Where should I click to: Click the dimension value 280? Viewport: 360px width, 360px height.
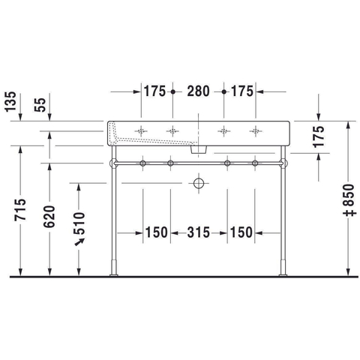pyautogui.click(x=198, y=91)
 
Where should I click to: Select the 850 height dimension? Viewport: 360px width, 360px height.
pyautogui.click(x=349, y=197)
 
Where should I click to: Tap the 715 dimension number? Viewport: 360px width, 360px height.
pyautogui.click(x=20, y=209)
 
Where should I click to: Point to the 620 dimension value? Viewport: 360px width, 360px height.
pyautogui.click(x=49, y=217)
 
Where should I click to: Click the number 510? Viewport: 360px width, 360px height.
pyautogui.click(x=79, y=223)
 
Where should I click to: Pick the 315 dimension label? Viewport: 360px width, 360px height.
pyautogui.click(x=199, y=232)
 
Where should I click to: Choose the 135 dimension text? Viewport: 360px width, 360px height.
pyautogui.click(x=10, y=101)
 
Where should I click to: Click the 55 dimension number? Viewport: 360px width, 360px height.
pyautogui.click(x=40, y=105)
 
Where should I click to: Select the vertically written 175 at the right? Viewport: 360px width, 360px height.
pyautogui.click(x=319, y=136)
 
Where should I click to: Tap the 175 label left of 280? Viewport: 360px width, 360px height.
pyautogui.click(x=154, y=91)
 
